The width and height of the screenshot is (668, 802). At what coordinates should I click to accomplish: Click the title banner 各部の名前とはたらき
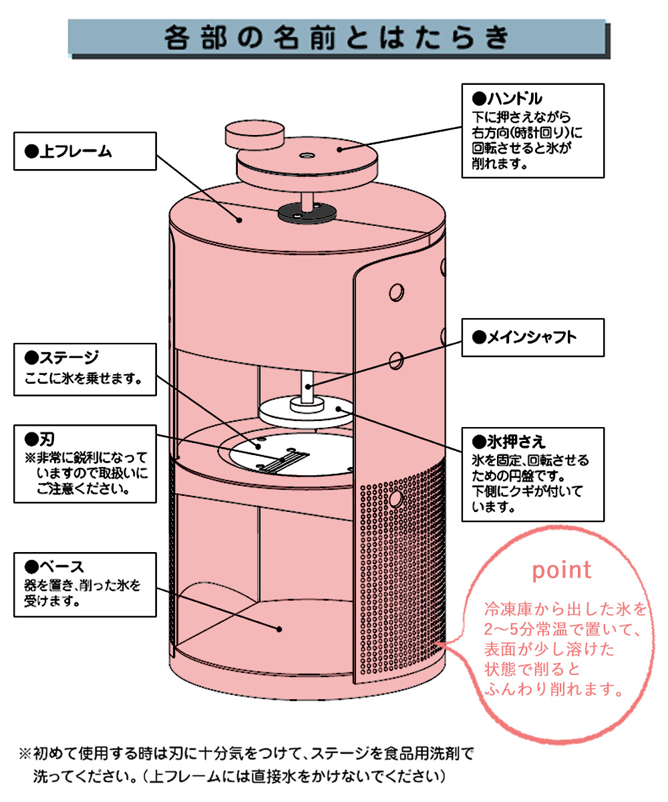pos(337,39)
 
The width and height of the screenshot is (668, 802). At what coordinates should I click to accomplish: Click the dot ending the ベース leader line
pos(279,628)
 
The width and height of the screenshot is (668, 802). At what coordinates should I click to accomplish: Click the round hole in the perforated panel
pos(395,499)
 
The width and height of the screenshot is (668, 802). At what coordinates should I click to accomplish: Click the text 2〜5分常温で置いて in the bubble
pos(562,629)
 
